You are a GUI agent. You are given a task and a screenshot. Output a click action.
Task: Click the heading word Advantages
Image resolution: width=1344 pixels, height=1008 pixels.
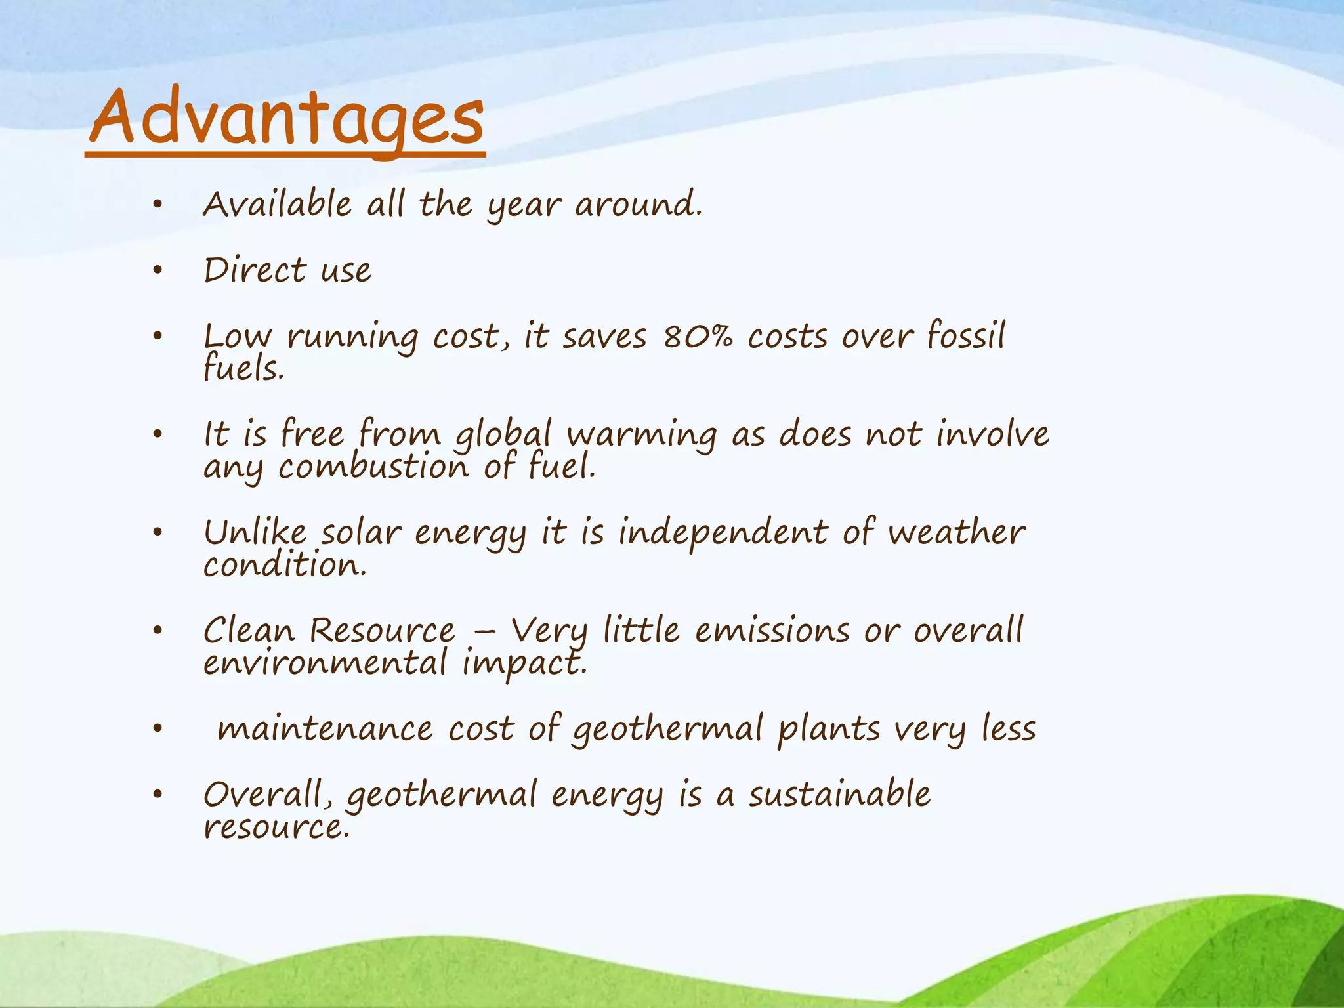[287, 118]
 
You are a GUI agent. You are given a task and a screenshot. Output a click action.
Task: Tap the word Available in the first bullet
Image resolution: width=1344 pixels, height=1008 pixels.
[277, 204]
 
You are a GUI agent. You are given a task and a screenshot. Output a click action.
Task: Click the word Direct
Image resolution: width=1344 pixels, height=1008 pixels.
[255, 270]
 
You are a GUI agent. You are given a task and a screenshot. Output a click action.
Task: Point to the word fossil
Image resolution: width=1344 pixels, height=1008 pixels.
[965, 336]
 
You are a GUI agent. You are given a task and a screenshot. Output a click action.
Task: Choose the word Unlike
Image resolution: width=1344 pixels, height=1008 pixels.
[255, 532]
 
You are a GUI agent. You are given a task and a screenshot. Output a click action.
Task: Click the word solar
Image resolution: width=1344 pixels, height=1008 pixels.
[360, 533]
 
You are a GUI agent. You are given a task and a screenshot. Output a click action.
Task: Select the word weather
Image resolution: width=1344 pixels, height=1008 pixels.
[956, 532]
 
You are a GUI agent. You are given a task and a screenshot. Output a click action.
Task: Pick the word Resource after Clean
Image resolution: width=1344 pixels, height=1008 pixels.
[382, 631]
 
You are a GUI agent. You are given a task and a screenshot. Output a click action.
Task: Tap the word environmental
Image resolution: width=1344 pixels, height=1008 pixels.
[325, 663]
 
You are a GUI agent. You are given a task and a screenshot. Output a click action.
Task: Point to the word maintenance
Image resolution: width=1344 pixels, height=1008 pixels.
[325, 730]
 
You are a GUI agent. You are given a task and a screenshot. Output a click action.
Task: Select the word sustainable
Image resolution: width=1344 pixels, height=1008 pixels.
[839, 795]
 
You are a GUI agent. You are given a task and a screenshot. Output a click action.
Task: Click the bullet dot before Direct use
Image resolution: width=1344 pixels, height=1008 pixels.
[157, 271]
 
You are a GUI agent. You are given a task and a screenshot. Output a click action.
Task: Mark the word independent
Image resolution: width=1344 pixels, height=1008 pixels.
[723, 533]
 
